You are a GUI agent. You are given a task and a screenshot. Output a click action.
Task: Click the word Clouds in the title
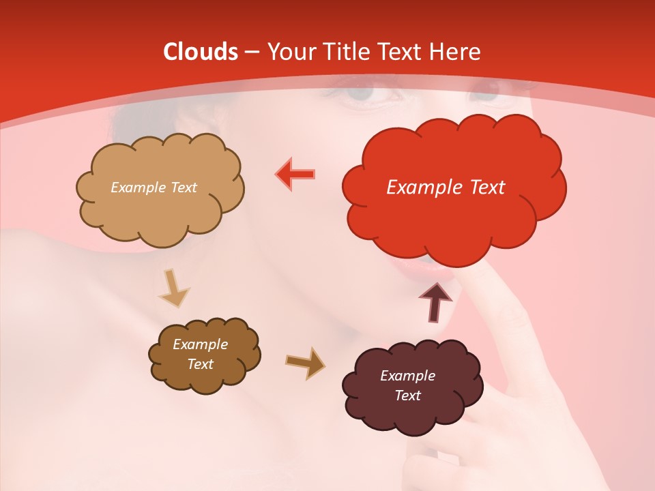201,52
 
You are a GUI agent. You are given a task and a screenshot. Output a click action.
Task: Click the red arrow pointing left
295,174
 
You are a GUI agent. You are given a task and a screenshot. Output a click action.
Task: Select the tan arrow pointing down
173,288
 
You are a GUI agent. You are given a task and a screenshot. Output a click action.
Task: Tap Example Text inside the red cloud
446,188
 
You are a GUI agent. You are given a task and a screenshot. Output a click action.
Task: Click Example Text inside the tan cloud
154,188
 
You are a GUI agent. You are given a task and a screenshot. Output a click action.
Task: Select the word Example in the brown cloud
200,344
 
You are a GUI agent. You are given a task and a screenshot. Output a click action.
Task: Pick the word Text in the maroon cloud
407,396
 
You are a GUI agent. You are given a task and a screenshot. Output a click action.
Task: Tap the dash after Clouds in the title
251,53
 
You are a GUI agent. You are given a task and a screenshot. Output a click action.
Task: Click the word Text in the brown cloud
200,364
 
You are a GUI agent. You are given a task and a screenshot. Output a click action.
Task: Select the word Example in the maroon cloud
407,376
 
